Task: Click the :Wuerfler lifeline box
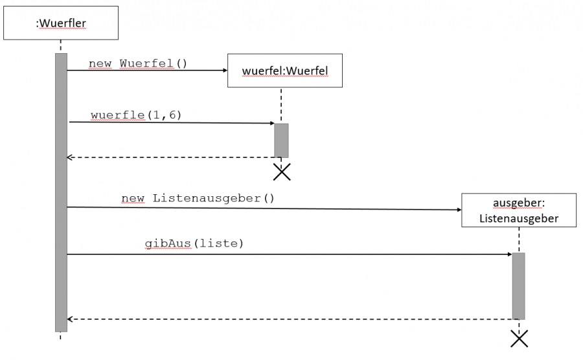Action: (x=60, y=23)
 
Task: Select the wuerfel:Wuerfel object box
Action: (x=284, y=71)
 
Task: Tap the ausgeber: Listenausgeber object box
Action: (x=518, y=210)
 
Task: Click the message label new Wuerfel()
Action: (x=137, y=63)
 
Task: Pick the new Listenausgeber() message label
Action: (x=198, y=197)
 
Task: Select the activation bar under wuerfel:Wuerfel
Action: (x=281, y=141)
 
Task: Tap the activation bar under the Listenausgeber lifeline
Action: (x=518, y=286)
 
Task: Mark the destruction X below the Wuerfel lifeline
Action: (x=282, y=172)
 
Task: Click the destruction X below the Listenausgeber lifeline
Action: (x=519, y=338)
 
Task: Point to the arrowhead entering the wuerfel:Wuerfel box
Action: (x=224, y=70)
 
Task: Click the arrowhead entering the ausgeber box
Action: (x=458, y=210)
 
